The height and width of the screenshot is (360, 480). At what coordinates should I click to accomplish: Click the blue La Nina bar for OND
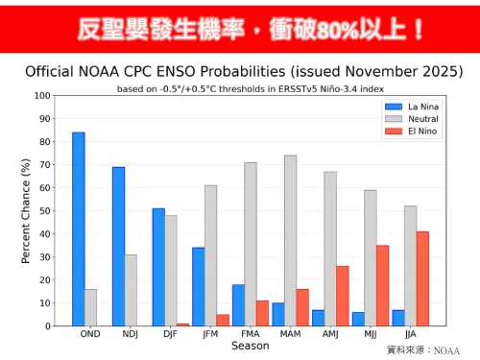[78, 229]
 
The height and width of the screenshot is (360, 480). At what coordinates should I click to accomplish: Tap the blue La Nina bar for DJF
[158, 267]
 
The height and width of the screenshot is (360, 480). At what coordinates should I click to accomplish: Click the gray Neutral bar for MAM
[290, 241]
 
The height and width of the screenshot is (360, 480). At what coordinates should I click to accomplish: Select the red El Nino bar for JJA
[422, 278]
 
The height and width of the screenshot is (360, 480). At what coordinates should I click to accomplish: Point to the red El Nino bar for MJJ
[382, 285]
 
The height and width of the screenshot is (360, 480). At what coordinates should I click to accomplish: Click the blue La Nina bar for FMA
[238, 305]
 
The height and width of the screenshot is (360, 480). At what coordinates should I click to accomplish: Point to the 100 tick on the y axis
[42, 96]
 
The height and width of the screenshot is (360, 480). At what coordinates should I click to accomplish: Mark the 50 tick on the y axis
[45, 211]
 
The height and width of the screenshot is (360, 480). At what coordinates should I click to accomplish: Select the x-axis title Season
[250, 346]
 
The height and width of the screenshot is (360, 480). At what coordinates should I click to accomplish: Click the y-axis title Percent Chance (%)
[26, 211]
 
